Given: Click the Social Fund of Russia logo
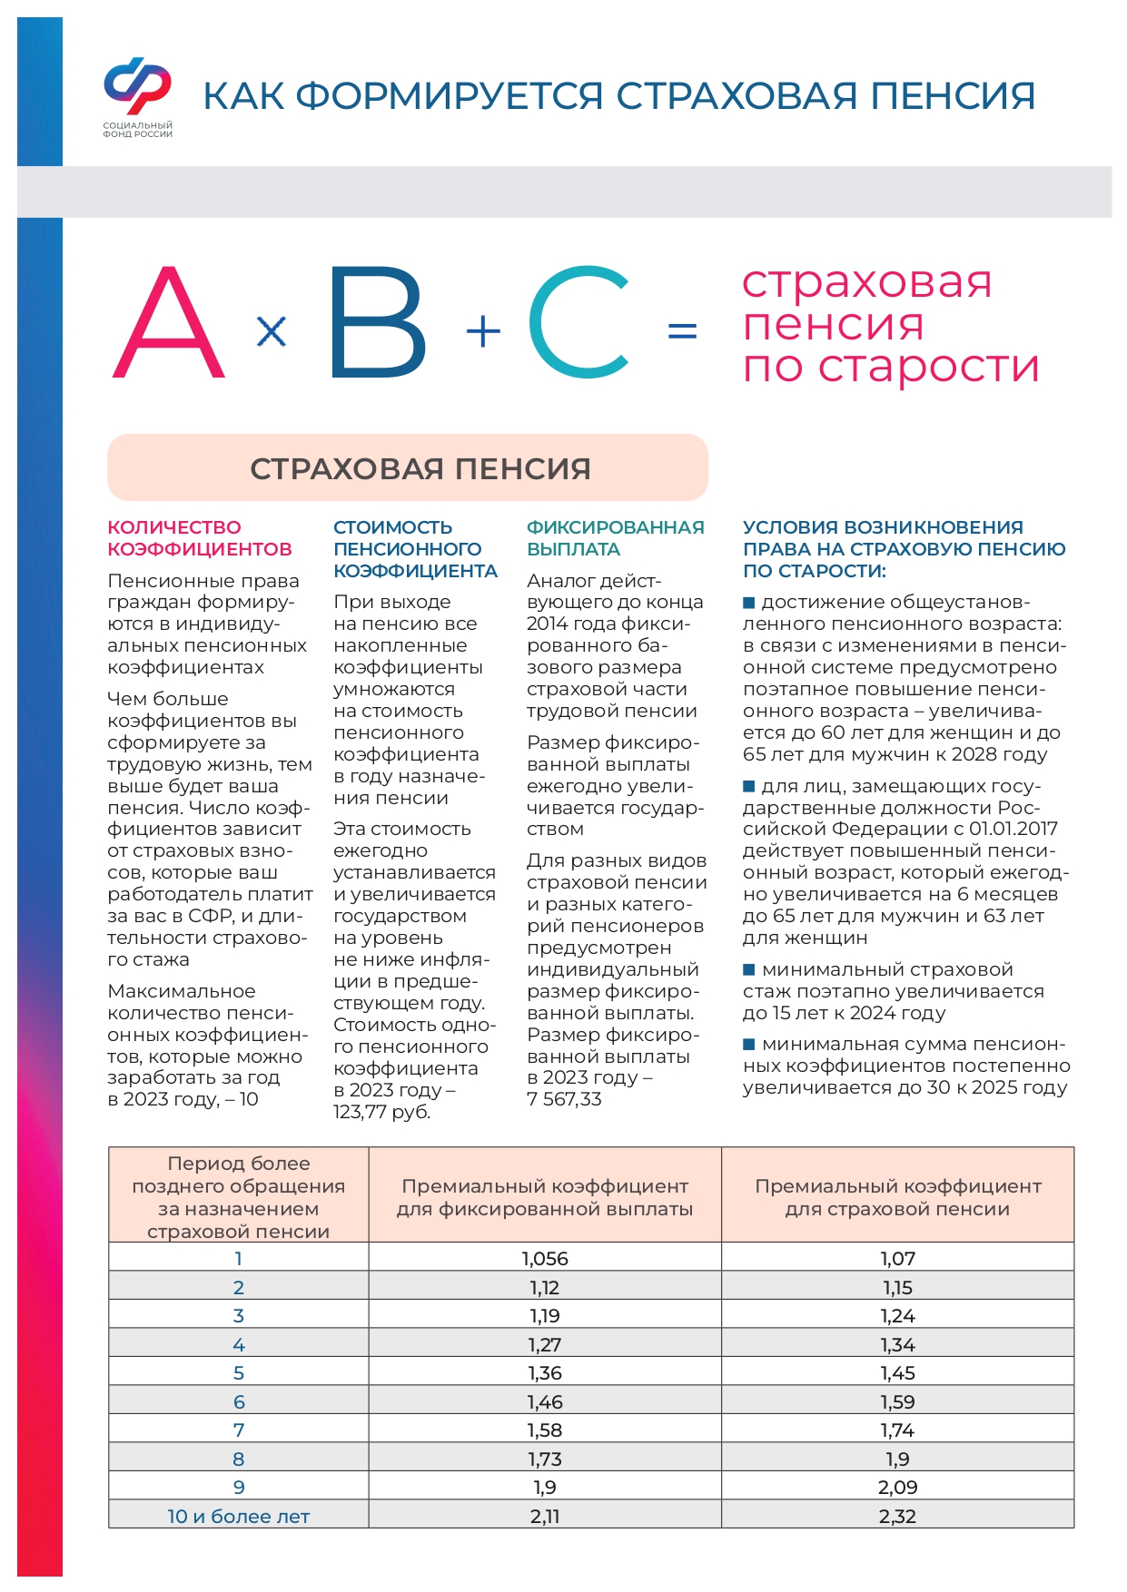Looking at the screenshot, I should tap(137, 95).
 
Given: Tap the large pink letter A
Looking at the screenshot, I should tap(169, 323).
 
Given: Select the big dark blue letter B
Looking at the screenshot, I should tap(376, 323).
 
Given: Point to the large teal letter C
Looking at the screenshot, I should tap(578, 323).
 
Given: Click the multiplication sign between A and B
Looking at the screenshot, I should tap(272, 331).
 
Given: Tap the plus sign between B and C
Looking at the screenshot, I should tap(483, 331).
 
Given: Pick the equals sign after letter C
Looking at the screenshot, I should tap(682, 330).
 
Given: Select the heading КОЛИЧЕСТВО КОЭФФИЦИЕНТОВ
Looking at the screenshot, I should tap(200, 538).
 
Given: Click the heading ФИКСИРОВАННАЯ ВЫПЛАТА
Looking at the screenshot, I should tap(615, 538).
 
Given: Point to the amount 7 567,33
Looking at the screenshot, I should tap(564, 1099).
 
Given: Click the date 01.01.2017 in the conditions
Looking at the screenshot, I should tap(1013, 829).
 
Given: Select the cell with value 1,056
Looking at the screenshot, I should tap(545, 1259).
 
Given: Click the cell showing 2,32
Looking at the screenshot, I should tap(897, 1517).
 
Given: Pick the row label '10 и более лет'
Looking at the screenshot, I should tap(239, 1517).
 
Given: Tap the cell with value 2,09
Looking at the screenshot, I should tap(897, 1488).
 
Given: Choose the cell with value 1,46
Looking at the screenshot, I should tap(545, 1402).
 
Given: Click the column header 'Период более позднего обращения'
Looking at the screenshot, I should tap(239, 1196).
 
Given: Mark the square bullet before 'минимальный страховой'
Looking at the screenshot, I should tap(749, 969).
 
